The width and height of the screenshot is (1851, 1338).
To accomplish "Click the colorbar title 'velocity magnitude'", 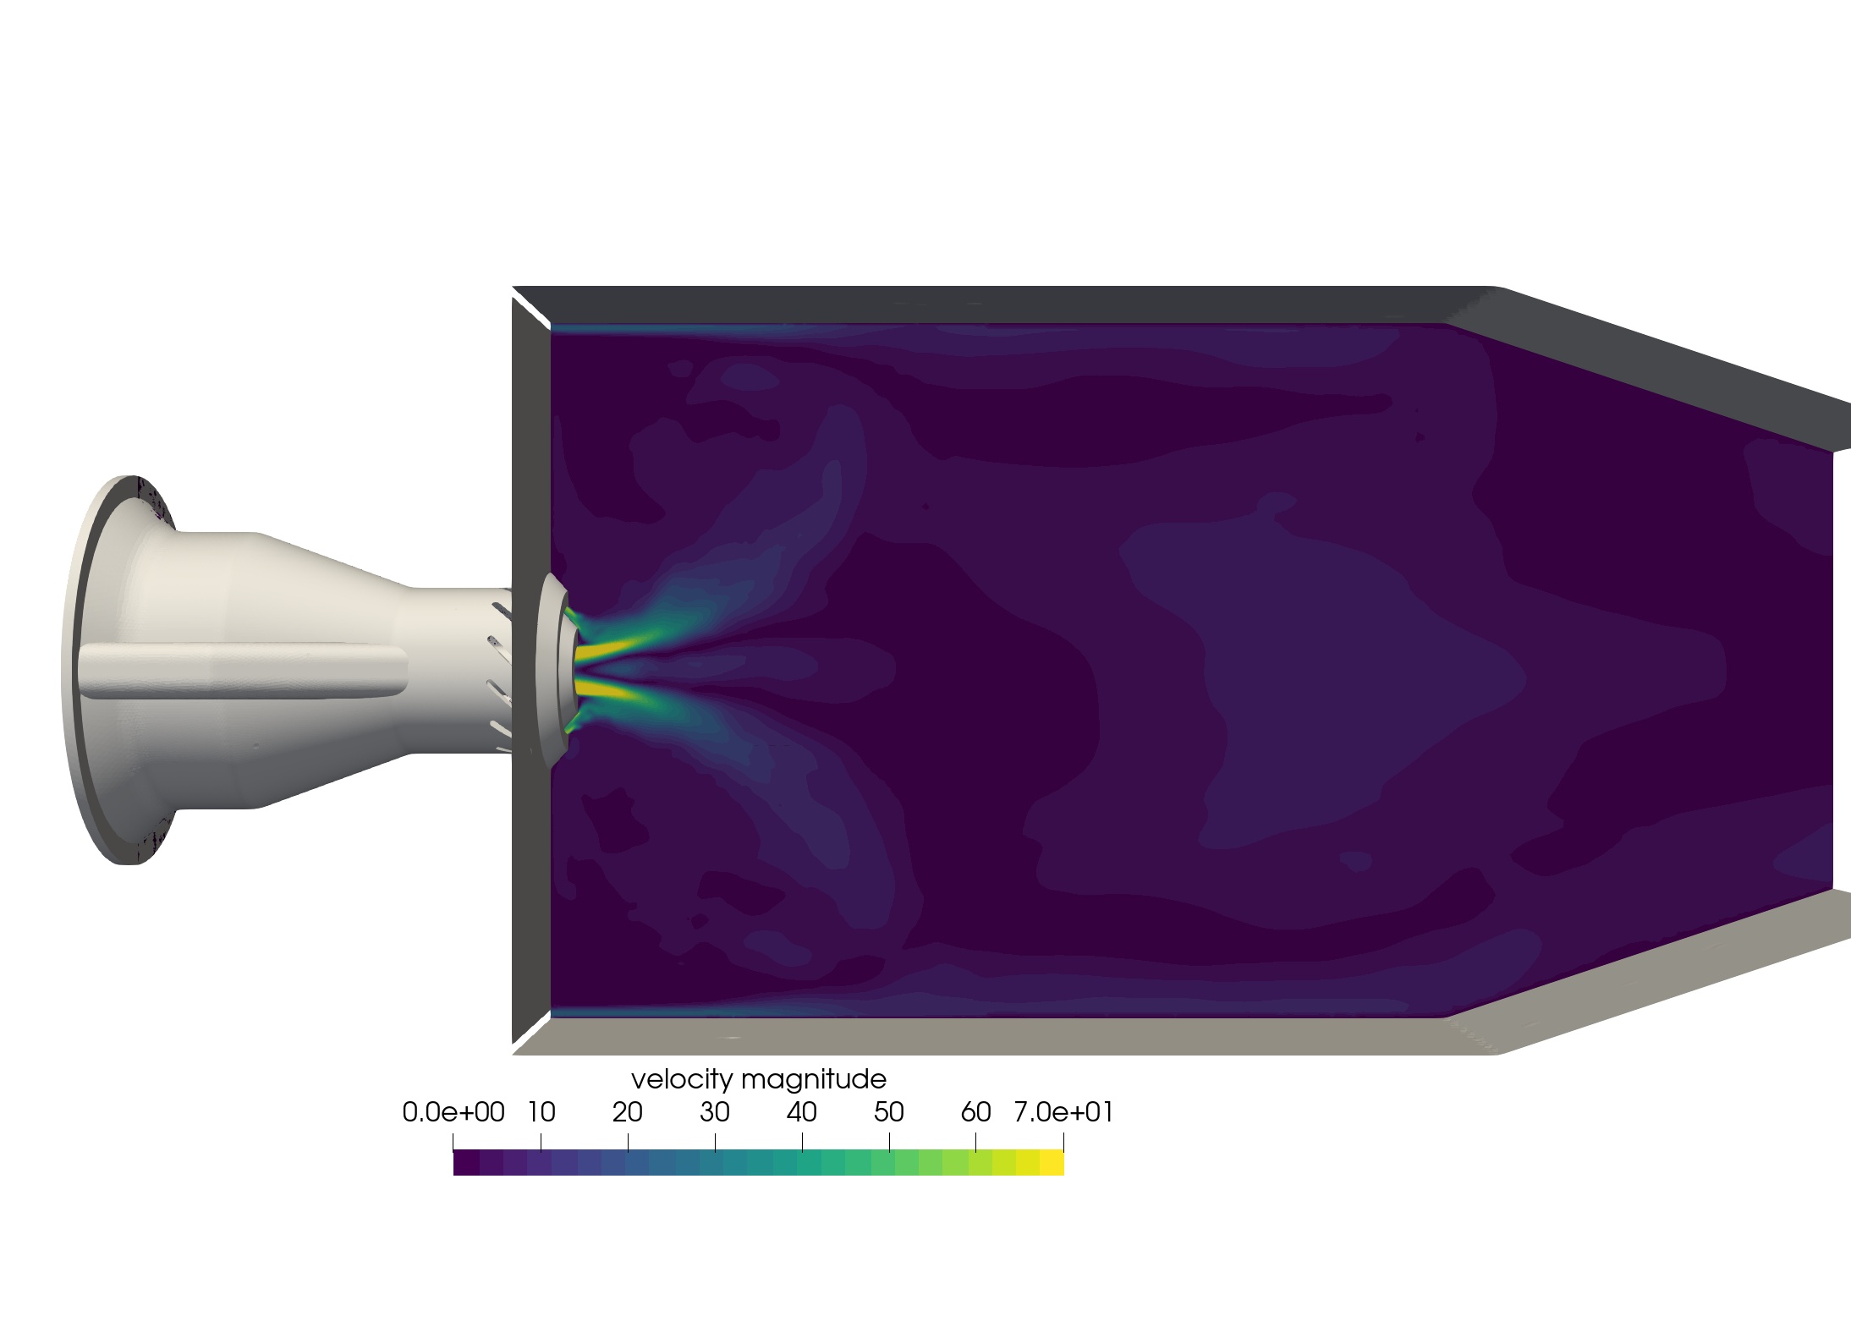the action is tap(759, 1080).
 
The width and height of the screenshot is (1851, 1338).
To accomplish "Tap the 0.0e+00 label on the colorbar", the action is tap(453, 1113).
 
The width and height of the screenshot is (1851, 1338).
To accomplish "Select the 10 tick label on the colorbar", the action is tap(541, 1113).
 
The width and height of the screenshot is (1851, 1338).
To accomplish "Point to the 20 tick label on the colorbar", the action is tap(628, 1113).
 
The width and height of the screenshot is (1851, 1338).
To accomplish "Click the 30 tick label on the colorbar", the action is tap(715, 1113).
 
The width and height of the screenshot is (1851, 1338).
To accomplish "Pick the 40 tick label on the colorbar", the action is tap(802, 1113).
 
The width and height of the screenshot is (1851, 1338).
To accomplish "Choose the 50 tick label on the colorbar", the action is tap(889, 1113).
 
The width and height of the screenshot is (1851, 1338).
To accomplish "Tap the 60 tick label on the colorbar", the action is tap(976, 1113).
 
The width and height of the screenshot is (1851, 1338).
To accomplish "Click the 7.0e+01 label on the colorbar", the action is tap(1063, 1113).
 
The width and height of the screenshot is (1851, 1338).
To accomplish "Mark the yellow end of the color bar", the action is tap(1052, 1163).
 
